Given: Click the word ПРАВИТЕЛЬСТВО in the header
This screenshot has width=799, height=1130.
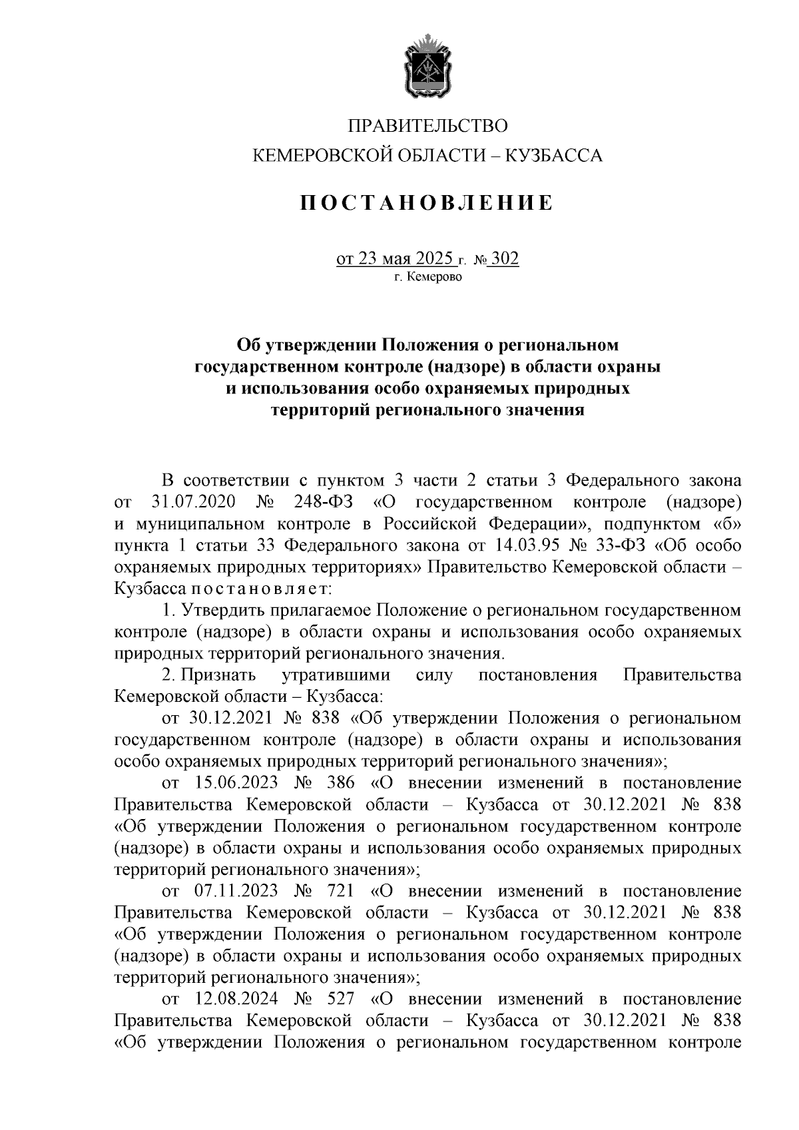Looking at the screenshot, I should click(x=428, y=125).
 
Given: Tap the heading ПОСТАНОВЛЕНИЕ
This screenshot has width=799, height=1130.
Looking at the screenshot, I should click(x=426, y=202).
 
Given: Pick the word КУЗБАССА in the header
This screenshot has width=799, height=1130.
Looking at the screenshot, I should click(x=554, y=156).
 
